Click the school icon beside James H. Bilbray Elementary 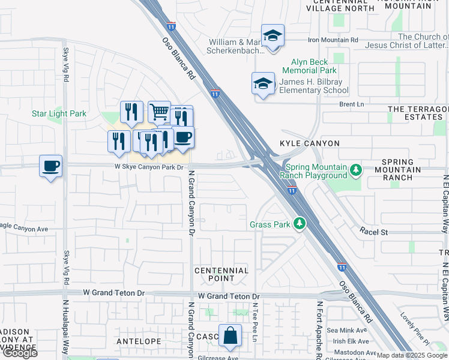263,84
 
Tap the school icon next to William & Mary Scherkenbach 273,35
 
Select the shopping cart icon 159,112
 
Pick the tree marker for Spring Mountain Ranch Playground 357,170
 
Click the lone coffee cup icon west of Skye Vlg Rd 51,166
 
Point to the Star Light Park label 59,113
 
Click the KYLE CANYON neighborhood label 310,143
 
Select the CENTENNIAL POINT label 221,274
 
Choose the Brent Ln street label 352,104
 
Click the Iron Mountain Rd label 333,40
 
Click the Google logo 20,353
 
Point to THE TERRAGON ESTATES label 418,113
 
